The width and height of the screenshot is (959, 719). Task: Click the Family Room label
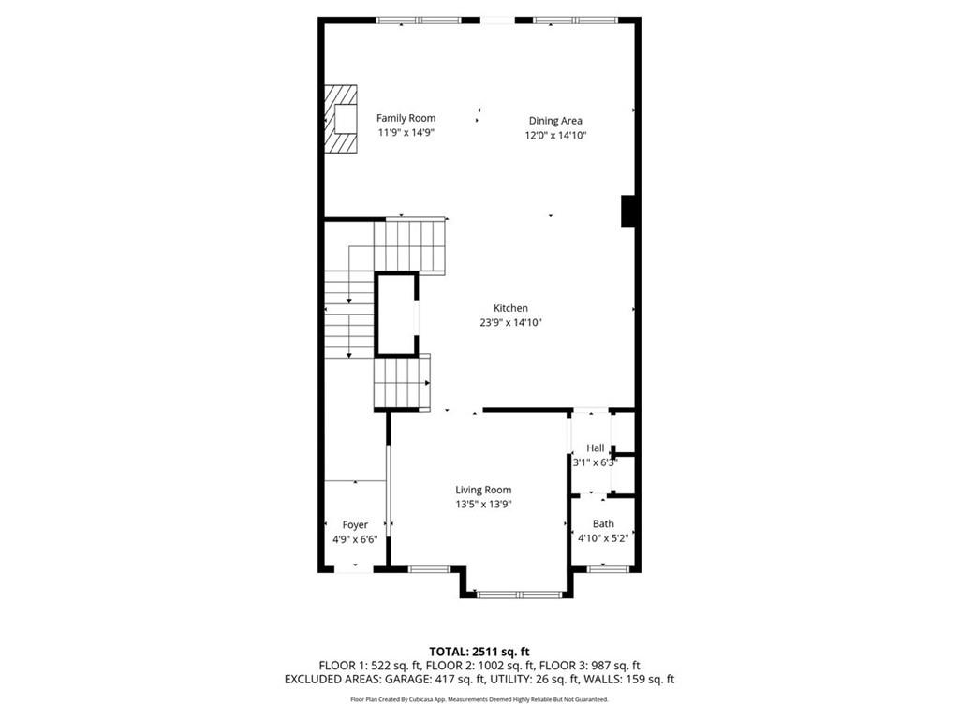pyautogui.click(x=406, y=118)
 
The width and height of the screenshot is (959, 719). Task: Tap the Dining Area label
pyautogui.click(x=555, y=121)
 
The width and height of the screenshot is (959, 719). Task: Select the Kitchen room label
pyautogui.click(x=510, y=308)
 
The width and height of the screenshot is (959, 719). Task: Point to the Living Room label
pyautogui.click(x=483, y=490)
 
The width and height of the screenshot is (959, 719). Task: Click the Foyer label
pyautogui.click(x=355, y=525)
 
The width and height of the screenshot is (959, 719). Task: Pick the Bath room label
pyautogui.click(x=603, y=524)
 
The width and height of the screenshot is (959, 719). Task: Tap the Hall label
pyautogui.click(x=596, y=448)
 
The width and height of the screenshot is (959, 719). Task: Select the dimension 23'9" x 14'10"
pyautogui.click(x=510, y=323)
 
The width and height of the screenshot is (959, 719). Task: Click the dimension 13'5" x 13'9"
pyautogui.click(x=483, y=505)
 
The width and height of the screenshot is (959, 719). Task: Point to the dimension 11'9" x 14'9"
pyautogui.click(x=406, y=133)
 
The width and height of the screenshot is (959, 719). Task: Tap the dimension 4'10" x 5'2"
pyautogui.click(x=603, y=538)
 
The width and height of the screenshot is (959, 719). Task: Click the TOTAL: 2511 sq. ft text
pyautogui.click(x=479, y=652)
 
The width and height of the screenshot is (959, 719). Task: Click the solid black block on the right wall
pyautogui.click(x=629, y=211)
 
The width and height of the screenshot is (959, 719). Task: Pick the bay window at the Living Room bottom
pyautogui.click(x=519, y=594)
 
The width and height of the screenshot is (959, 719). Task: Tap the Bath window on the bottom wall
pyautogui.click(x=607, y=567)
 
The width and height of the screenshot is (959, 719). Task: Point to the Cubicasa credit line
pyautogui.click(x=479, y=699)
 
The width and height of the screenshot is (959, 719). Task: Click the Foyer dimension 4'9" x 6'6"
pyautogui.click(x=355, y=540)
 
